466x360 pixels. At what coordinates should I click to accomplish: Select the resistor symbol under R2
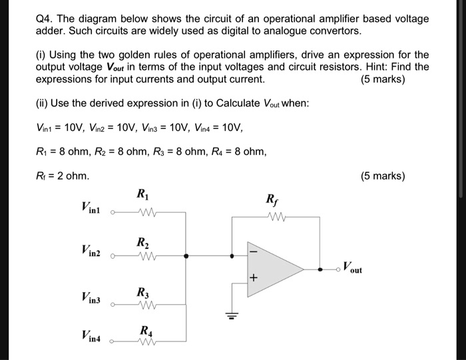[144, 256]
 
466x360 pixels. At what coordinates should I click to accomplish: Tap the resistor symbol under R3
[144, 306]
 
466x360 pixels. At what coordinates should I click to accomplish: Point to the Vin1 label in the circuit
[91, 208]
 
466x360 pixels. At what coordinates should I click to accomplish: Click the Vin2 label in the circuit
[91, 250]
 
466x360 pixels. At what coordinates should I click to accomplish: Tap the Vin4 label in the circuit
[91, 337]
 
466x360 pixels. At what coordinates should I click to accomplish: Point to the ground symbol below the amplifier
[232, 316]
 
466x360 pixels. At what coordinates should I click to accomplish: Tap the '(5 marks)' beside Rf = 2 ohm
[382, 176]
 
